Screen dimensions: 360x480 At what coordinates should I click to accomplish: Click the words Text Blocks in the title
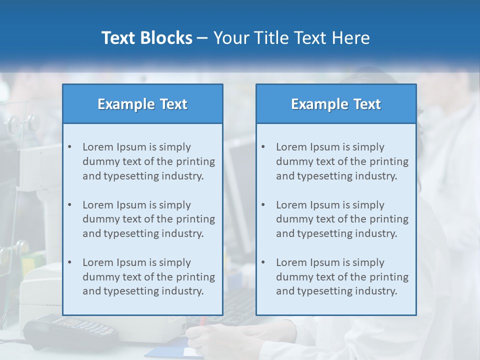tap(146, 38)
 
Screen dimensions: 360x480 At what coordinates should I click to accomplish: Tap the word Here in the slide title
tap(352, 38)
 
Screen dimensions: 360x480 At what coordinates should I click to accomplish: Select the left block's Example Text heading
tap(142, 104)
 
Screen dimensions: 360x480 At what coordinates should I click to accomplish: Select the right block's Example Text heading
tap(336, 104)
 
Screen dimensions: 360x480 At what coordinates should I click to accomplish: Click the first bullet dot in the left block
tap(69, 147)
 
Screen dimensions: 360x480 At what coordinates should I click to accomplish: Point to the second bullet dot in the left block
tap(69, 205)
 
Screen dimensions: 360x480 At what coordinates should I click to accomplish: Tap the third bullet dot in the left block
tap(69, 262)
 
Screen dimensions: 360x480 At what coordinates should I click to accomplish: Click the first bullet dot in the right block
tap(263, 147)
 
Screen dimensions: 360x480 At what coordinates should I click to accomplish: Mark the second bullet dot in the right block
tap(263, 205)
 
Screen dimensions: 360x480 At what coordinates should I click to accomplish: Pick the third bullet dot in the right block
tap(263, 262)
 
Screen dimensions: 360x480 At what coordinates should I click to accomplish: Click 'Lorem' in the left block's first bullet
tap(98, 147)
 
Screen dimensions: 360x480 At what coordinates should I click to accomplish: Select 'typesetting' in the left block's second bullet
tap(132, 233)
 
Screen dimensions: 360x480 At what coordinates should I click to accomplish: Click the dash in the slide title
tap(202, 38)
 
